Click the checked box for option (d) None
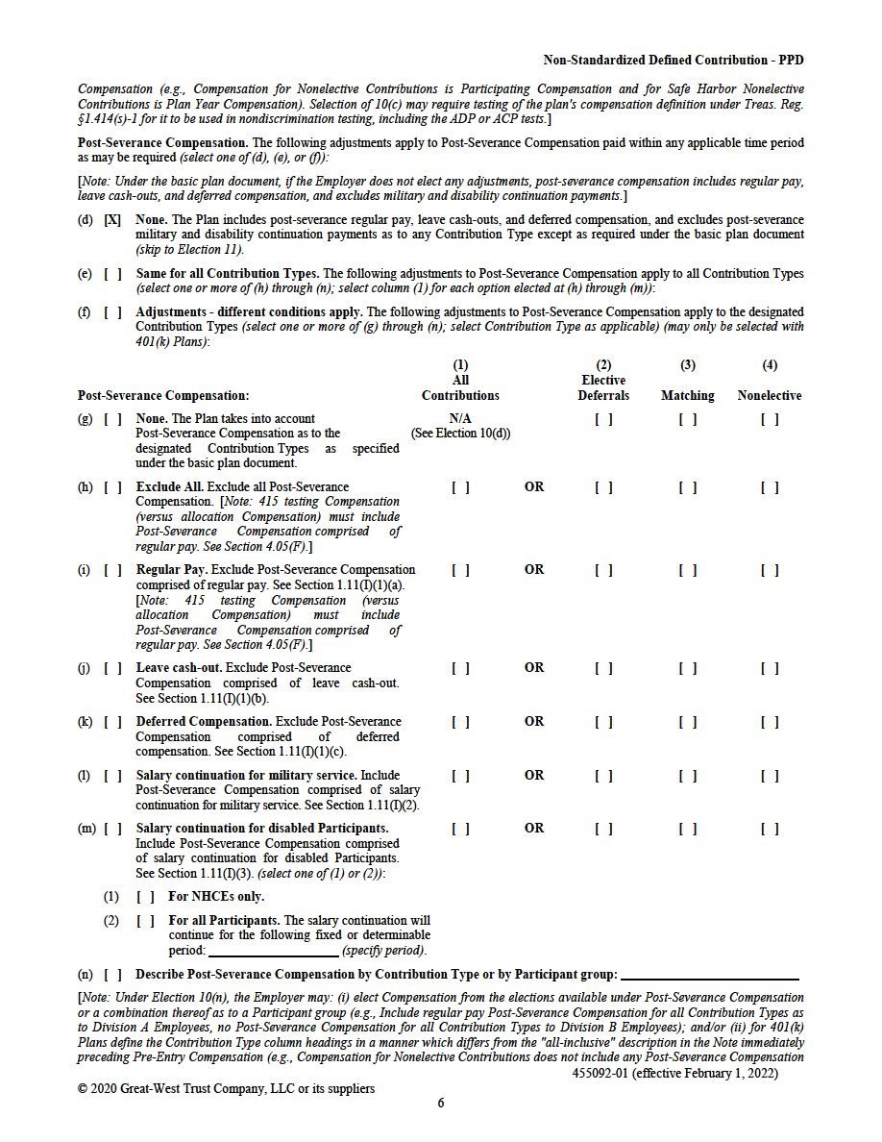pos(112,220)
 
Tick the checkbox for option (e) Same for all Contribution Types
pos(112,274)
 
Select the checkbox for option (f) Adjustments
pos(112,312)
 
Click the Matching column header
pos(687,396)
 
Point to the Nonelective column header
pos(769,396)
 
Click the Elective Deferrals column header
pos(603,388)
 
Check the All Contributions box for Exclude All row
pos(460,487)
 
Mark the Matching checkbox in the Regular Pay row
pos(687,570)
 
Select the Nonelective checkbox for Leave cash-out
pos(769,668)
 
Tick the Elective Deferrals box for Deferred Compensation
pos(603,722)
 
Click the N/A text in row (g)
pos(460,419)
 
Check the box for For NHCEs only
pos(145,897)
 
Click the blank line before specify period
pos(274,952)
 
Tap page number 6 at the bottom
pos(441,1104)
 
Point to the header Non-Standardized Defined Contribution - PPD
pos(673,61)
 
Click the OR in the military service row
pos(534,776)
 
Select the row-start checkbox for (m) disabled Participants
pos(112,829)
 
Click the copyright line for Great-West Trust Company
pos(226,1089)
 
